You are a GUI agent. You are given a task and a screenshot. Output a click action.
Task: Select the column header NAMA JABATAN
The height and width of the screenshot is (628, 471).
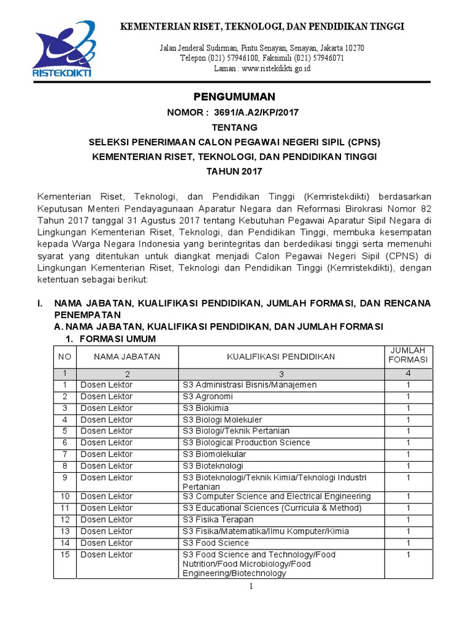coord(127,356)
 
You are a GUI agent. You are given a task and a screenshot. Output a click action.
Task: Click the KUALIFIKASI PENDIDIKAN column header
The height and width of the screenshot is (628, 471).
coord(281,356)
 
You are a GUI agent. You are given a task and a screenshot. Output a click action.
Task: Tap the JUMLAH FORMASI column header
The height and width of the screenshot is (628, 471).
coord(408,355)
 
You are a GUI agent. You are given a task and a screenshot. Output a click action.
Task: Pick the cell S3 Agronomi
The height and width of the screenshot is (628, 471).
coord(207,397)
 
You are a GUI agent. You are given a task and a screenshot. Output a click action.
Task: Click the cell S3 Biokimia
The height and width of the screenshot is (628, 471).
coord(205,408)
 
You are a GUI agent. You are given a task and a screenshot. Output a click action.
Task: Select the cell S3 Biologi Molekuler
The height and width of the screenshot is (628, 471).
coord(222,420)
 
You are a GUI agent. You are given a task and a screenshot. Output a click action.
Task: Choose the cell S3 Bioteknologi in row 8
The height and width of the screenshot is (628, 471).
coord(212,466)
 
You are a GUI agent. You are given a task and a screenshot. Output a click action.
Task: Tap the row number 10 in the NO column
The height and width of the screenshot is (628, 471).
coord(65,497)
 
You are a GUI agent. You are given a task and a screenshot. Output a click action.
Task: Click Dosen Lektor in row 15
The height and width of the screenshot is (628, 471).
coord(107,555)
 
